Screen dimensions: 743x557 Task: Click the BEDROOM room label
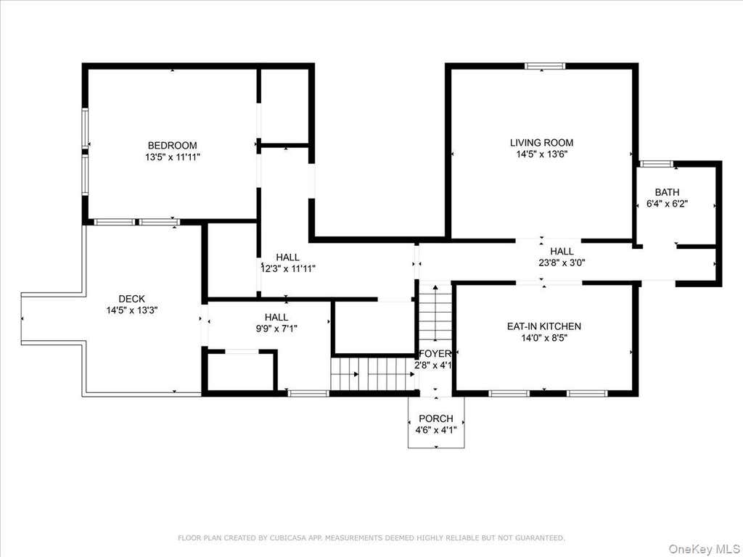point(173,145)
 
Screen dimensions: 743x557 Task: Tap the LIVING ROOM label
point(541,143)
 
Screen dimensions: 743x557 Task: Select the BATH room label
point(668,192)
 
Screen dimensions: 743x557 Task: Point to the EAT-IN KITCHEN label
point(544,326)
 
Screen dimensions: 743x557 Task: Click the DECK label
point(132,299)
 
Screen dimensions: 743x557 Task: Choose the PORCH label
point(436,418)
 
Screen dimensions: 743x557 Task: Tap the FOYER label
point(435,354)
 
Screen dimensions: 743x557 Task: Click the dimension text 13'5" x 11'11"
point(173,157)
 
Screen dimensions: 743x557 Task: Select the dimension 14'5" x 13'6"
point(541,154)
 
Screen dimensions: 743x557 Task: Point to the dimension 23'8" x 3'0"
point(562,263)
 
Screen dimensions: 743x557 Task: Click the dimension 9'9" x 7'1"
point(276,329)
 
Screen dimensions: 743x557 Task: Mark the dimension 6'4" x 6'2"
point(668,204)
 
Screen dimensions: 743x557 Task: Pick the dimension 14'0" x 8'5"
point(544,338)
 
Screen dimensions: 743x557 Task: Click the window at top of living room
point(545,66)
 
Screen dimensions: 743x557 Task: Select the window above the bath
point(656,164)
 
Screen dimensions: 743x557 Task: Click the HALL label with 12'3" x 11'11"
point(287,257)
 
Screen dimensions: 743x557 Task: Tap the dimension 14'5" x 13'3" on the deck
point(132,310)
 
